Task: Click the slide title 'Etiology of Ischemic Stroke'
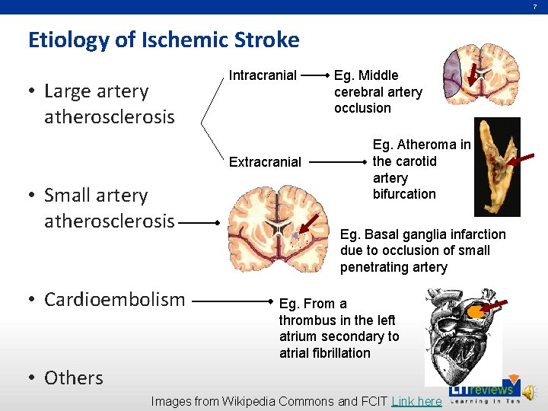tap(164, 40)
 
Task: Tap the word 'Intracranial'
tap(263, 75)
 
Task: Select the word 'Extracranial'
tap(265, 161)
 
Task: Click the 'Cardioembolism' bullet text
tap(114, 299)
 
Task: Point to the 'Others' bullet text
tap(73, 378)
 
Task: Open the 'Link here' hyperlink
tap(416, 401)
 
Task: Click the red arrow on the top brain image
tap(473, 75)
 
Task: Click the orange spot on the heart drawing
tap(475, 311)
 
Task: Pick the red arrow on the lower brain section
tap(307, 224)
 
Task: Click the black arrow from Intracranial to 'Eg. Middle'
tap(315, 76)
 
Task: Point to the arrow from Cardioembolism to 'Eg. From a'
tap(231, 301)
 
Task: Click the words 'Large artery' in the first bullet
tap(97, 91)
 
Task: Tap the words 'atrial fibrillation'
tap(324, 353)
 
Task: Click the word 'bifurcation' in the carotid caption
tap(404, 194)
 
